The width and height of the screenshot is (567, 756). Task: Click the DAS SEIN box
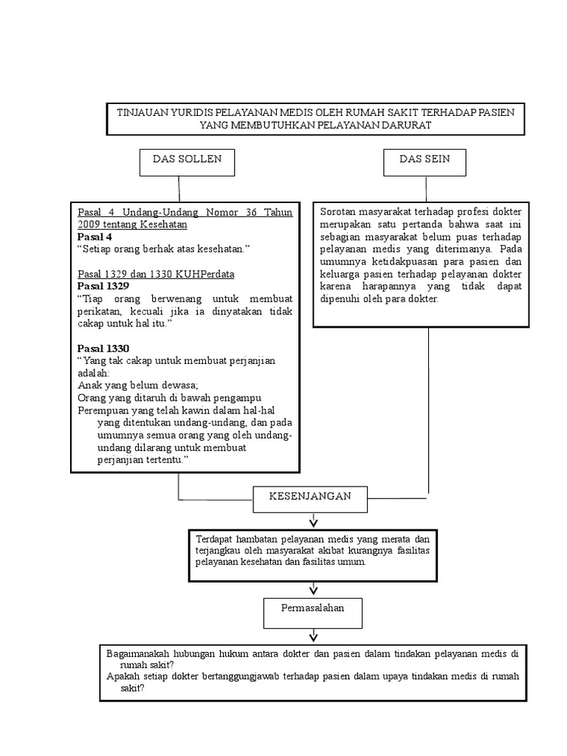point(425,162)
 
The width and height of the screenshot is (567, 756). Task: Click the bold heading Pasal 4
point(94,237)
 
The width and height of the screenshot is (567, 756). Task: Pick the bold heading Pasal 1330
point(103,348)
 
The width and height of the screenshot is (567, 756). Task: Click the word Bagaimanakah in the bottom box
point(140,653)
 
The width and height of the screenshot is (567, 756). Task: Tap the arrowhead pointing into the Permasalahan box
point(314,588)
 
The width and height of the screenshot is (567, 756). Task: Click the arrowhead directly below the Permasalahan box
point(314,636)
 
